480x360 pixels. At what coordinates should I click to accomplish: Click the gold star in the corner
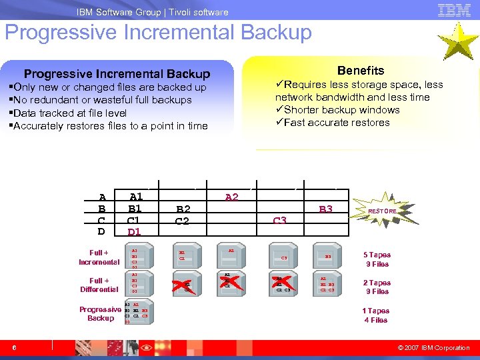coord(458,41)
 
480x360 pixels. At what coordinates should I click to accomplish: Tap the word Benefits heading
coord(360,70)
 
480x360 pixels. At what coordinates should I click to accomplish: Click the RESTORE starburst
coord(383,211)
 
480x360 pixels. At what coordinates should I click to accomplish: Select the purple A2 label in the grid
coord(232,197)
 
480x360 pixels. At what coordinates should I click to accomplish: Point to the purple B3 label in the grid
coord(325,209)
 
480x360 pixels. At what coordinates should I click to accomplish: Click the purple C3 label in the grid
coord(280,221)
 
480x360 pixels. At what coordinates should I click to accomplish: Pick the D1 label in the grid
coord(135,232)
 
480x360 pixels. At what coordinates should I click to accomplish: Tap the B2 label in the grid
coord(183,209)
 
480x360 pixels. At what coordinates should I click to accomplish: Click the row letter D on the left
coord(102,232)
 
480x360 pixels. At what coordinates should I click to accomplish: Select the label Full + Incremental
coord(99,257)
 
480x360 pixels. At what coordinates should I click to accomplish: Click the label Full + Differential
coord(99,285)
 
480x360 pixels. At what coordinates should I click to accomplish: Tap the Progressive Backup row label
coord(101,313)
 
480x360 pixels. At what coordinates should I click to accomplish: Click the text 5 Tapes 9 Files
coord(377,259)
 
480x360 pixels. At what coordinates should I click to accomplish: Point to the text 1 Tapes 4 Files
coord(376,315)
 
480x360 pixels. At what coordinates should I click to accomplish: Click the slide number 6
coord(14,347)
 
